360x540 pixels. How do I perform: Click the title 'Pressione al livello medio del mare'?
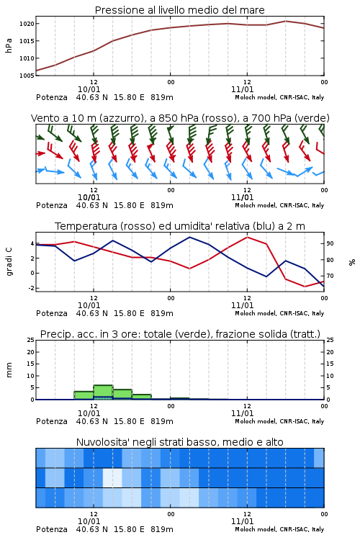click(179, 10)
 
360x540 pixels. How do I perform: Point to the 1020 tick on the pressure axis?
click(27, 24)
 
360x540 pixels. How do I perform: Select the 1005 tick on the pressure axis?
click(27, 76)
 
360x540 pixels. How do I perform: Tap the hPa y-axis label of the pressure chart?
click(9, 45)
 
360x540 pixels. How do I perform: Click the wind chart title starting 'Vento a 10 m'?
click(180, 118)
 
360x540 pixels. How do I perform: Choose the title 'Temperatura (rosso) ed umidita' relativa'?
click(180, 226)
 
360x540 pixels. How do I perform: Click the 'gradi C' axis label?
click(9, 261)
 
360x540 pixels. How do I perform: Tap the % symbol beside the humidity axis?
click(352, 262)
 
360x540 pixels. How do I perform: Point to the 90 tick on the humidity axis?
click(330, 243)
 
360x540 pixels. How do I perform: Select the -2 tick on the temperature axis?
click(31, 288)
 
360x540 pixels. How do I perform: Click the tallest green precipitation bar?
click(103, 392)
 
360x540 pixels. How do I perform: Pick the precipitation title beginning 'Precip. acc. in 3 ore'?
click(180, 334)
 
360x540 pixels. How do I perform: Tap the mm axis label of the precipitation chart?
click(9, 370)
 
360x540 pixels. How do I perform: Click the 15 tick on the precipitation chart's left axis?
click(31, 364)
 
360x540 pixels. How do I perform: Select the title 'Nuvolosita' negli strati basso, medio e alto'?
click(180, 442)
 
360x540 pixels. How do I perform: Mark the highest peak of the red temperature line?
click(247, 237)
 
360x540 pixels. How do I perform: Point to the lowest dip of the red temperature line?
click(305, 287)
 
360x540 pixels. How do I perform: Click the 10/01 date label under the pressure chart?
click(89, 89)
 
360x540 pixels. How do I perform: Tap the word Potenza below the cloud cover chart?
click(52, 529)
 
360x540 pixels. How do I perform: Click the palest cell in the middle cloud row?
click(112, 477)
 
